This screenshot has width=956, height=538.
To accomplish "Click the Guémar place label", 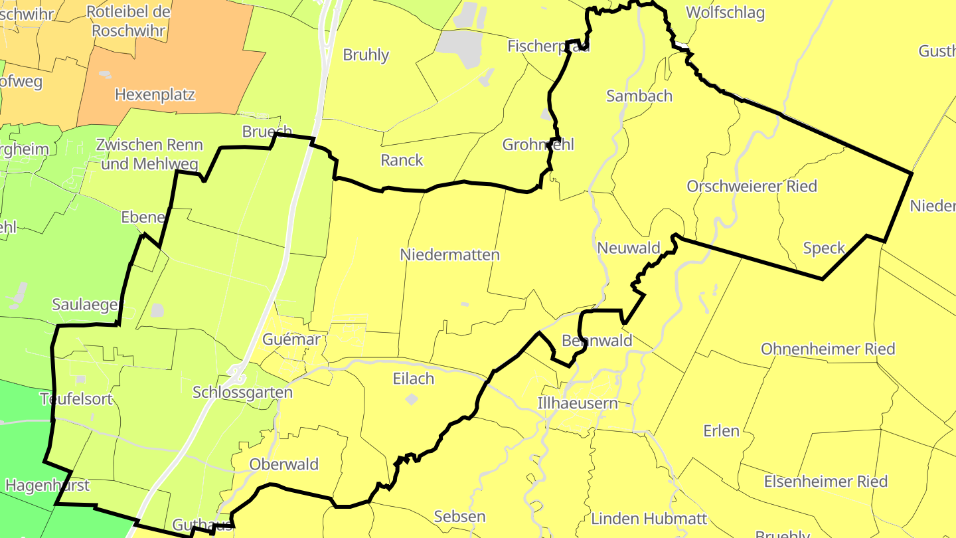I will coord(291,339).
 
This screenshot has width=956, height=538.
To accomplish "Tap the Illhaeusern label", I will coord(578,403).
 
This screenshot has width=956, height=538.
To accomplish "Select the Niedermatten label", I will coord(449,255).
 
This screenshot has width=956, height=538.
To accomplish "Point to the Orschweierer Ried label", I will coord(752,186).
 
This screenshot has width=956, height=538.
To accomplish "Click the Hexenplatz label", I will coord(155,94).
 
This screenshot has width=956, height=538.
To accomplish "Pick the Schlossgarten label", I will coord(242,392).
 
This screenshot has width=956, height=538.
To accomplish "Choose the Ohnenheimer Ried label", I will coord(828,349).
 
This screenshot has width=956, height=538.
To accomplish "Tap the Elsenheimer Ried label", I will coord(826,482).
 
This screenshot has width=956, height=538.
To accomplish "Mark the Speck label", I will coord(824,248).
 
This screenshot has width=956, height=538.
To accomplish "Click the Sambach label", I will coord(639,96).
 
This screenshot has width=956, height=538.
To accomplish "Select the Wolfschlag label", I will coord(725,13).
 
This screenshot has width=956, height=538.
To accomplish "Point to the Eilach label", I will coord(413,379).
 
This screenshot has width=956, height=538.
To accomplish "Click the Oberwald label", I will coord(284,464).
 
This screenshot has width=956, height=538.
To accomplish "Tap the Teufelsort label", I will coord(76,399).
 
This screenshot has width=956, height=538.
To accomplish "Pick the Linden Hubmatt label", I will coord(649,518).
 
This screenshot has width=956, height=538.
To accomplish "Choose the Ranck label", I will coord(402,160).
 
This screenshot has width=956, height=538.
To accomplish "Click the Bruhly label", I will coord(366,54).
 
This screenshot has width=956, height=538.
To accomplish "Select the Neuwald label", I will coord(629,248).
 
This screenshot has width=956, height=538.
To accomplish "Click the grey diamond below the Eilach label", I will coord(412,399).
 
